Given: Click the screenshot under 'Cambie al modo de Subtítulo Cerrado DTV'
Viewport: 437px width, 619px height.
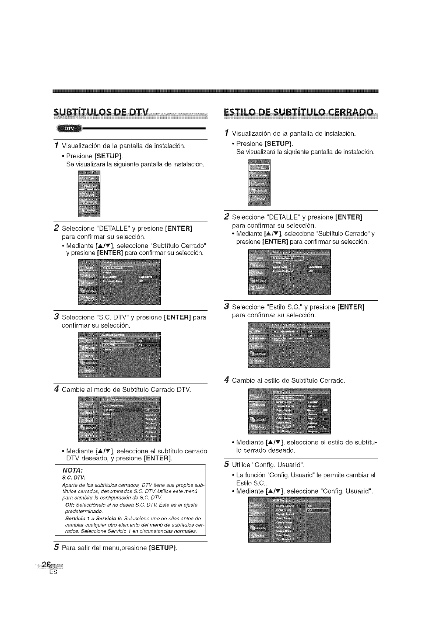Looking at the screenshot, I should click(x=120, y=419).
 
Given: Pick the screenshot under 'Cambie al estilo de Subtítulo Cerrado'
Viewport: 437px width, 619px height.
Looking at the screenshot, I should click(x=289, y=411).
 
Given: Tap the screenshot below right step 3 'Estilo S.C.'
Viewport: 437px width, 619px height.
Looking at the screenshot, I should click(x=289, y=345).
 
